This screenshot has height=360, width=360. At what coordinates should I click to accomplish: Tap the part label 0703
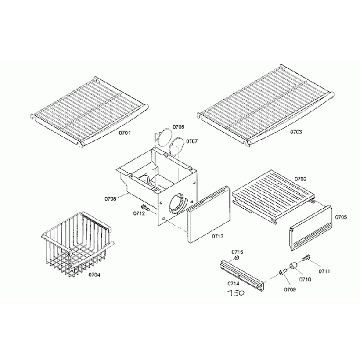point(296,133)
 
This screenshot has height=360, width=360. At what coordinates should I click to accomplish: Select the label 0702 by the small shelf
point(301,179)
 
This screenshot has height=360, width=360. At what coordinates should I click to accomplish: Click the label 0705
point(342,218)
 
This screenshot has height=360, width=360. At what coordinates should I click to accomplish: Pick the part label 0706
point(178,127)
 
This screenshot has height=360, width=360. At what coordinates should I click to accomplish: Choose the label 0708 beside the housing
point(109,198)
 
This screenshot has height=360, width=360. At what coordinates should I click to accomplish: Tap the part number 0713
point(218,236)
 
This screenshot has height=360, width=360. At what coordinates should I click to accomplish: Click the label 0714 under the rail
point(233,284)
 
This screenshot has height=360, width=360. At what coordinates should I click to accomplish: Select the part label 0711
point(324,271)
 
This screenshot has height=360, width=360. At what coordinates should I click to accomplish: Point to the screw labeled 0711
point(307,257)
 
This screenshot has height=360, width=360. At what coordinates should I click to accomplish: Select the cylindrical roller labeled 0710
point(293,268)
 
